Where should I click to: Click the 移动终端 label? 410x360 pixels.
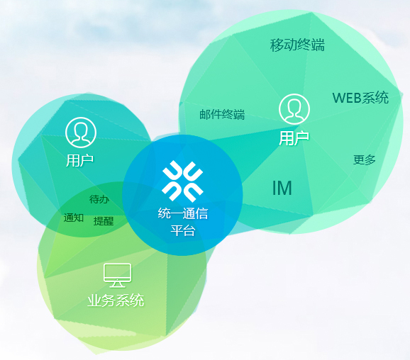click(297, 45)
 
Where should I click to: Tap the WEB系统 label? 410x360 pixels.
click(360, 98)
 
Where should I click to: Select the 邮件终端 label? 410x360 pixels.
click(222, 114)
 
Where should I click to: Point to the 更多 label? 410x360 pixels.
click(364, 159)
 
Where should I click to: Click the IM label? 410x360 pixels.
click(282, 188)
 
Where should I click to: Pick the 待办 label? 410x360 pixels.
click(99, 199)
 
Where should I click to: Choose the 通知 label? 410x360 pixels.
click(74, 218)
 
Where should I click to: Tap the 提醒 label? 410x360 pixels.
click(104, 221)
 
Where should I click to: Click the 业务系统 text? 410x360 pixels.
click(116, 300)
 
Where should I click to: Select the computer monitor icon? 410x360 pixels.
click(118, 275)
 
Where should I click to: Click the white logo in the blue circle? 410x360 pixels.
click(182, 181)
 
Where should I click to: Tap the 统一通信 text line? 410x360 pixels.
click(183, 213)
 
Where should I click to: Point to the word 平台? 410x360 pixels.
click(183, 230)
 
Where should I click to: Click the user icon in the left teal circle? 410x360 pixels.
click(81, 133)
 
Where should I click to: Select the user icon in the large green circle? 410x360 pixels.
click(294, 109)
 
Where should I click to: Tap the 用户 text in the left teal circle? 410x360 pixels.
click(79, 160)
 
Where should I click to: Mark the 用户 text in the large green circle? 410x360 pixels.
click(294, 138)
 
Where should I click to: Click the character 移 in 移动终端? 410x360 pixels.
click(277, 45)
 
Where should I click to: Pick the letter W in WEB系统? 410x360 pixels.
click(338, 98)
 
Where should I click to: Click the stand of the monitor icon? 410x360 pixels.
click(118, 284)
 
